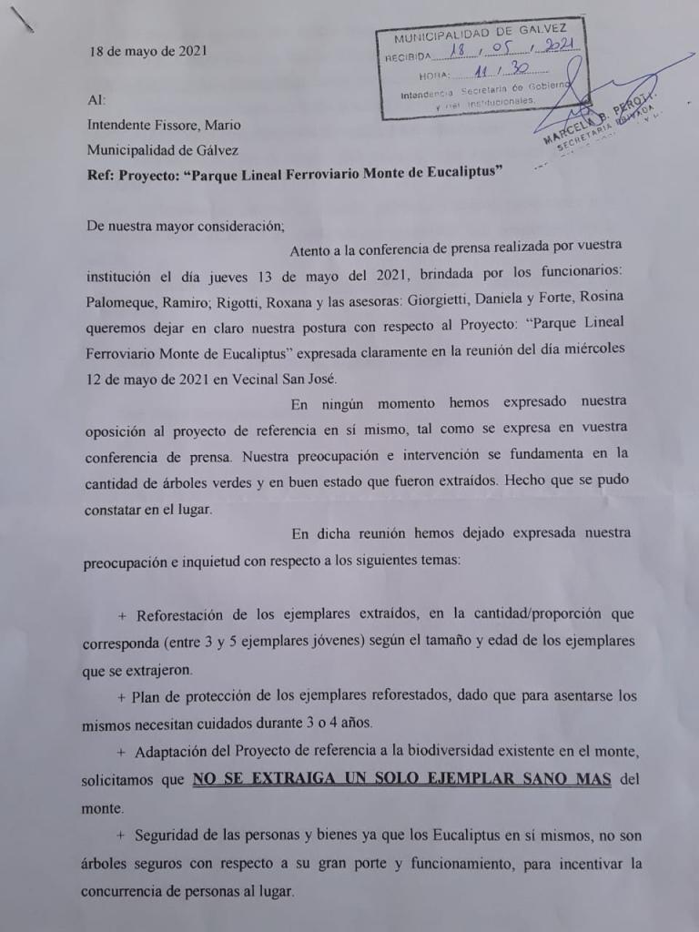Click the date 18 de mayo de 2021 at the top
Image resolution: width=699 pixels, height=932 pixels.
147,51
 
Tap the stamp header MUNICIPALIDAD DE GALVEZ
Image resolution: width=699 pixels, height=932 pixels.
481,35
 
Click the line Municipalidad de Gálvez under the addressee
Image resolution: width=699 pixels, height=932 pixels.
163,149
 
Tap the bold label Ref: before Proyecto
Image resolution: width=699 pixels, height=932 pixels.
102,174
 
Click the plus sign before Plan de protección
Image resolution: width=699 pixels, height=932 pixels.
121,697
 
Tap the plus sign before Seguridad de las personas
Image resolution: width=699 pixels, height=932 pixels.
121,836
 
